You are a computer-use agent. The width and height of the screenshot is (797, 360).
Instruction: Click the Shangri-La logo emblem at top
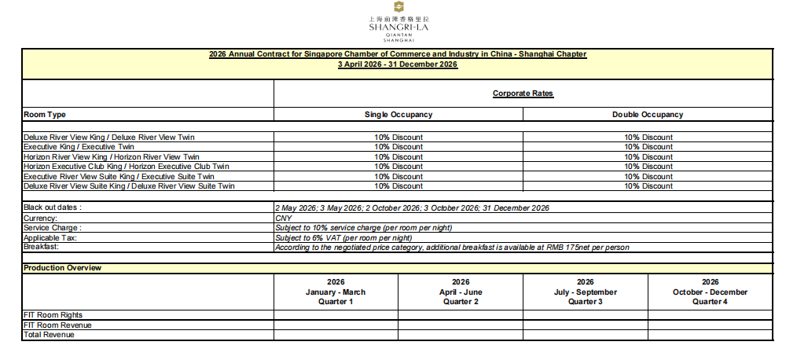398,7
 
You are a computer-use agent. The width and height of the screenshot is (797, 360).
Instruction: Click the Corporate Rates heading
523,94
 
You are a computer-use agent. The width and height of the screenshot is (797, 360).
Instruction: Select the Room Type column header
45,115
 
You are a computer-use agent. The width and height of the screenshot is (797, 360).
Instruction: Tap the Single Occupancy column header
398,115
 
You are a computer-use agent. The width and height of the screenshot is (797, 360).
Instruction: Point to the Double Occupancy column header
648,115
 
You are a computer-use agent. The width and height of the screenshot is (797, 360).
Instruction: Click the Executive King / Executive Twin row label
79,147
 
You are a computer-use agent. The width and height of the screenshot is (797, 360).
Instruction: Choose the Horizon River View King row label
111,157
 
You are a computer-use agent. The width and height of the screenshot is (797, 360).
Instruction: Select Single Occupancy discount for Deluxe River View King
398,138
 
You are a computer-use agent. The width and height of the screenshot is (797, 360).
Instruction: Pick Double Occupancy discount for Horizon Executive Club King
648,167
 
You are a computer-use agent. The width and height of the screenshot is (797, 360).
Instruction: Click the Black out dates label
53,208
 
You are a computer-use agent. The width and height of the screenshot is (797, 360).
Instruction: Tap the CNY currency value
283,218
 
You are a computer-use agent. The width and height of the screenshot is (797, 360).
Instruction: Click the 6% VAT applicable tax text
343,237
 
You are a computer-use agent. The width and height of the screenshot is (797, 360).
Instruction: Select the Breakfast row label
42,247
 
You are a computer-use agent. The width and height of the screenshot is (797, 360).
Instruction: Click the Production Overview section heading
63,268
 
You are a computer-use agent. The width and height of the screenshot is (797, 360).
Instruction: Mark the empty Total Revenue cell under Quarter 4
710,335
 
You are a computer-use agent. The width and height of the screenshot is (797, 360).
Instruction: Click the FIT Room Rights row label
53,315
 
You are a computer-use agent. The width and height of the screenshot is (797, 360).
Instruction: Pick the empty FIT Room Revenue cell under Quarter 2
461,325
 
